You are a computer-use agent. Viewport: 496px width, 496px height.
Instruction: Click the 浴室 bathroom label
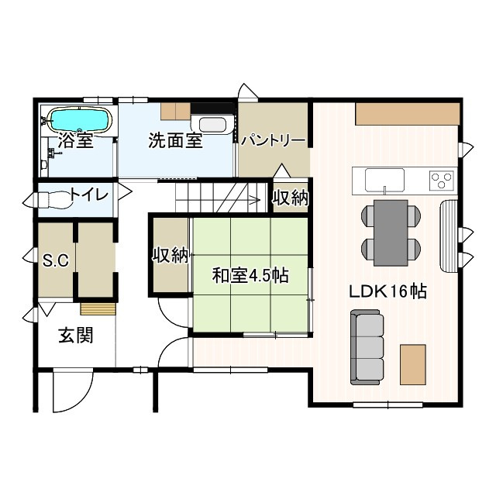(75, 142)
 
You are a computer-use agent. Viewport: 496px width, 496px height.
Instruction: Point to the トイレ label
(90, 194)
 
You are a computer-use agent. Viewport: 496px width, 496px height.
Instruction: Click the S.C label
(56, 260)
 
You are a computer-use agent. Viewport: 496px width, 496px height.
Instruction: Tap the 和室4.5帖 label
(250, 275)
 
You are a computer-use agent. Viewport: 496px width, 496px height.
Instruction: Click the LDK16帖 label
(387, 291)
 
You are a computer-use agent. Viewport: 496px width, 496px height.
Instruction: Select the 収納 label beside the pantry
(290, 198)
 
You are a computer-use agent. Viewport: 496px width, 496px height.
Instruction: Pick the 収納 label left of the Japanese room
(170, 255)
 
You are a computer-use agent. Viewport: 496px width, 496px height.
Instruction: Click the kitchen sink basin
(385, 180)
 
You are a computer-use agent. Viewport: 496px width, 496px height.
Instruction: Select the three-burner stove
(442, 181)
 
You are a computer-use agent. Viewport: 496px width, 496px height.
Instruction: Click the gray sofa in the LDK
(367, 346)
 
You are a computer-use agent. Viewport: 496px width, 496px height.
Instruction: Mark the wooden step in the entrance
(98, 308)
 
